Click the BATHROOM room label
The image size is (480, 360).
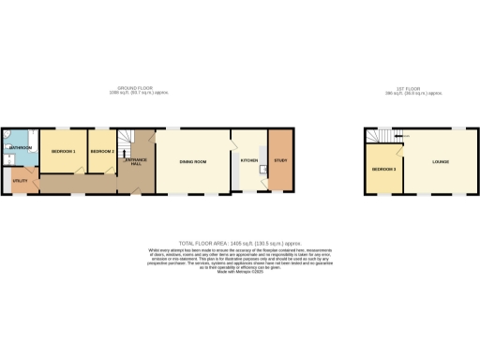[21, 148]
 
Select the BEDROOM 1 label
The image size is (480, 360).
[63, 151]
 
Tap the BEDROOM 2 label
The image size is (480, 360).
[101, 151]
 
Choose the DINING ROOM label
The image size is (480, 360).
[193, 162]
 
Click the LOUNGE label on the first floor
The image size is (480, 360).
[440, 162]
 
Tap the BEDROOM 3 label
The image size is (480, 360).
[383, 170]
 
